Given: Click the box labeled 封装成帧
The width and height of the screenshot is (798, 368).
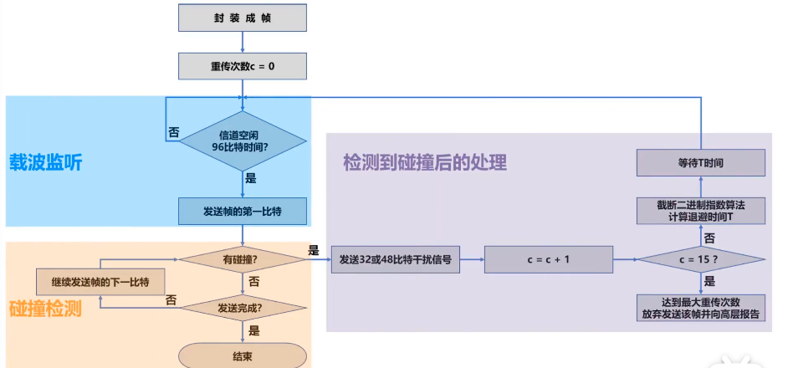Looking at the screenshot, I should pyautogui.click(x=243, y=18).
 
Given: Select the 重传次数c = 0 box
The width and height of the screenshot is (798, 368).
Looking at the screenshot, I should pyautogui.click(x=243, y=65).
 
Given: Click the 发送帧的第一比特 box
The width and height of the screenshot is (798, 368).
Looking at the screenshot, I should pyautogui.click(x=243, y=212).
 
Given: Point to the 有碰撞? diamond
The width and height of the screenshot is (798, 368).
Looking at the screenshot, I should pyautogui.click(x=243, y=260).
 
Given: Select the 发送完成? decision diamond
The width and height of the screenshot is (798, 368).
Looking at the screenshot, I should pyautogui.click(x=243, y=307).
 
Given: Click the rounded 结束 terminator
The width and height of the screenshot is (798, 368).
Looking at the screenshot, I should pyautogui.click(x=243, y=355).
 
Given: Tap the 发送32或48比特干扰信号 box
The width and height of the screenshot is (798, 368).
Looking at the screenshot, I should pyautogui.click(x=395, y=260).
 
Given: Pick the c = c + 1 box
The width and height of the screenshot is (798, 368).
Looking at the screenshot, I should pyautogui.click(x=548, y=260).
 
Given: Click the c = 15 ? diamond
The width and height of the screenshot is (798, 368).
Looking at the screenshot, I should pyautogui.click(x=701, y=260).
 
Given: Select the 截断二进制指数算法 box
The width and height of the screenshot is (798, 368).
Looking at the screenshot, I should pyautogui.click(x=701, y=210).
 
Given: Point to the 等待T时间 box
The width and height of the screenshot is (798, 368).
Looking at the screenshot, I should pyautogui.click(x=701, y=162).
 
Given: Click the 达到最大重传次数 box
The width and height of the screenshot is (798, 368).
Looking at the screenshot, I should pyautogui.click(x=701, y=308).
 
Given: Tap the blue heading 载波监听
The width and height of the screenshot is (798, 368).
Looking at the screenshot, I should pyautogui.click(x=46, y=163).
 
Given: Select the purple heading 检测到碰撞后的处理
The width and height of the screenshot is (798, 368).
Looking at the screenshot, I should pyautogui.click(x=425, y=161).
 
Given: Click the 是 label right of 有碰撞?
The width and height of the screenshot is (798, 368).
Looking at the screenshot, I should pyautogui.click(x=314, y=250).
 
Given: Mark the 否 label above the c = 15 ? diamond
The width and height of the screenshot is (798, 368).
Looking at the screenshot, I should pyautogui.click(x=708, y=238).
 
